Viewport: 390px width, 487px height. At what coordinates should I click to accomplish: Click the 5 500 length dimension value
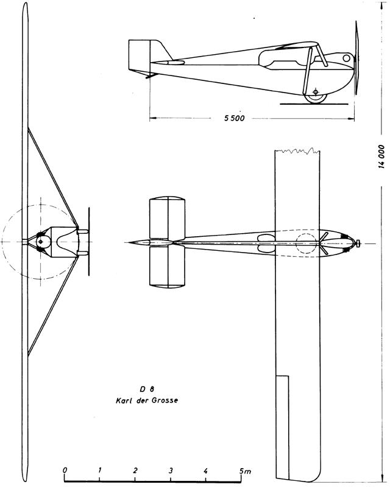235,118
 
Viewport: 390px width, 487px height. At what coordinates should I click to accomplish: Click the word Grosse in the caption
165,401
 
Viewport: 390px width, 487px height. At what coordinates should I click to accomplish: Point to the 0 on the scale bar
65,470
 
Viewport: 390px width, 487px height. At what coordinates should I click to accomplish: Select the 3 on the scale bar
171,470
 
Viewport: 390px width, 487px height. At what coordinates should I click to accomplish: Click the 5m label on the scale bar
245,471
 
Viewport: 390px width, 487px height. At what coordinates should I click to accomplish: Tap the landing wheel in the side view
316,97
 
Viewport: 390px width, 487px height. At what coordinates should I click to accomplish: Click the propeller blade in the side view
356,57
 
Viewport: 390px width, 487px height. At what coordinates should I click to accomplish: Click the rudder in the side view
140,56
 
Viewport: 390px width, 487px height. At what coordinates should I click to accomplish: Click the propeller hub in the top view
358,242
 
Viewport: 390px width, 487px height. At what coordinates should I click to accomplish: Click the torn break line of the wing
297,151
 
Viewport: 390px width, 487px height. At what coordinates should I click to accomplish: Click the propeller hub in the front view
40,241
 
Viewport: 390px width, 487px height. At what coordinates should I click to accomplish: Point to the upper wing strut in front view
52,177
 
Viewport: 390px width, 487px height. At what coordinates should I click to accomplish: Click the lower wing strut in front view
52,307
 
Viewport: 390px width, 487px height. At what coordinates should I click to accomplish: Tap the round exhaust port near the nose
347,58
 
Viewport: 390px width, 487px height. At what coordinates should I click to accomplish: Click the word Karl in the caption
122,401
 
